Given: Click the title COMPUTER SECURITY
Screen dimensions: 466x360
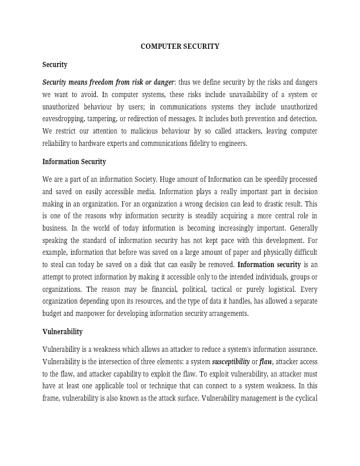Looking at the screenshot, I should [180, 46].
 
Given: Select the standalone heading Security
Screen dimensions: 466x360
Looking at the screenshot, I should [55, 65].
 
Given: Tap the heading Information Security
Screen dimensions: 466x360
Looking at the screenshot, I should [74, 162].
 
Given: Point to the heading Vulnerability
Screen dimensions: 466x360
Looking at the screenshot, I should [62, 332].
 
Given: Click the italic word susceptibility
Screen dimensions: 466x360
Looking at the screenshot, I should [231, 361].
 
